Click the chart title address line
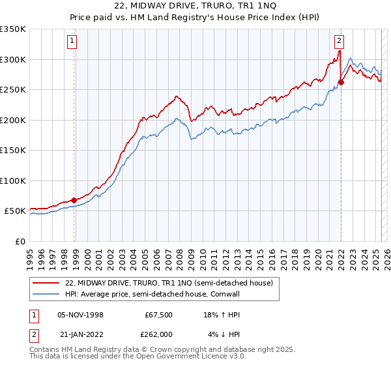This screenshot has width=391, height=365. pyautogui.click(x=195, y=7)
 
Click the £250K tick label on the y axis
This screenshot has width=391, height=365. pyautogui.click(x=13, y=90)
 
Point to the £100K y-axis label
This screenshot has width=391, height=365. pyautogui.click(x=13, y=181)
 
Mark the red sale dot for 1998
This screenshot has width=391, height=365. pyautogui.click(x=74, y=200)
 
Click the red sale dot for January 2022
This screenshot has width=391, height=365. pyautogui.click(x=341, y=82)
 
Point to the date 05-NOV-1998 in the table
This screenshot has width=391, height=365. pyautogui.click(x=80, y=315)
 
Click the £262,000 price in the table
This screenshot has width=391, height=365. pyautogui.click(x=158, y=334)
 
